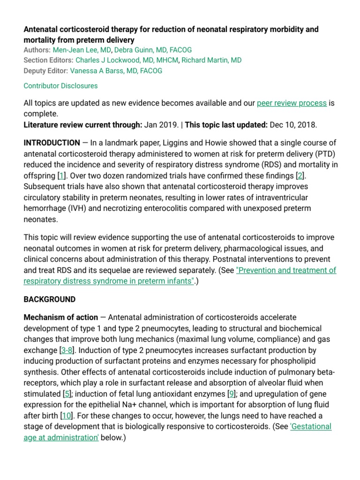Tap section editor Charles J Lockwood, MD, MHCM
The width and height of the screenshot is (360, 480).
(x=127, y=60)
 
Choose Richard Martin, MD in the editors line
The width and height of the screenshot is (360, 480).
(x=211, y=60)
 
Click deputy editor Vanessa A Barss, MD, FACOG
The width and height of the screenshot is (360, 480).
(x=116, y=71)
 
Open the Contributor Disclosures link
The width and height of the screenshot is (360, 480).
(x=60, y=86)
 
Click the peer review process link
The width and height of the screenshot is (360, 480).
(x=292, y=103)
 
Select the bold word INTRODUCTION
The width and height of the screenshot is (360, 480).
(x=52, y=143)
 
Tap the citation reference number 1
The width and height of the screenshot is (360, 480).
(x=61, y=175)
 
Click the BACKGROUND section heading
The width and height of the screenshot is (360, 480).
(x=49, y=299)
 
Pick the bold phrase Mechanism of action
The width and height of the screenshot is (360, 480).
(x=61, y=317)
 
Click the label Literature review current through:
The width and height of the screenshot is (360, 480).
(x=83, y=125)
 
